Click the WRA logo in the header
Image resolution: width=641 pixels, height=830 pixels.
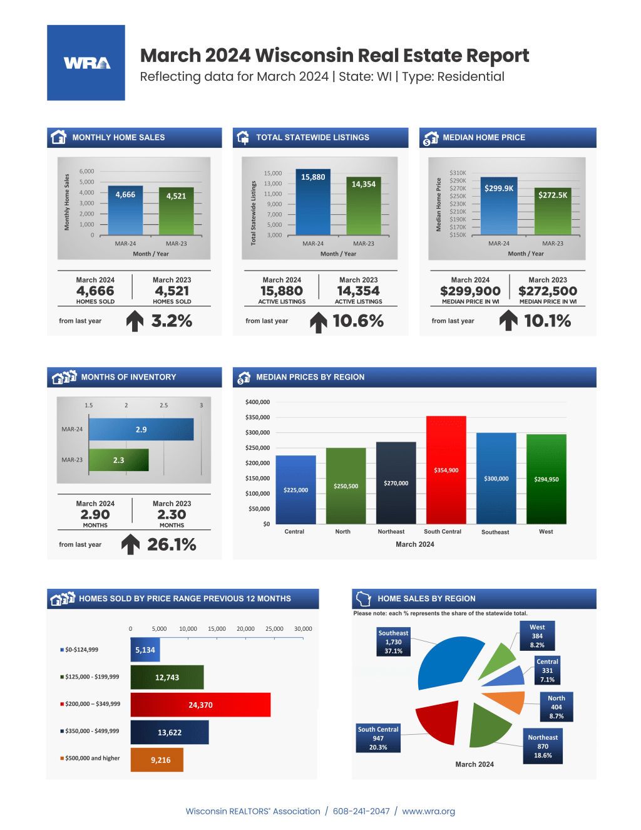[x=86, y=63]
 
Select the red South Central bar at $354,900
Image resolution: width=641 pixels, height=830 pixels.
[x=446, y=470]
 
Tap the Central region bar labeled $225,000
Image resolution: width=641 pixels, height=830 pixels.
[x=295, y=490]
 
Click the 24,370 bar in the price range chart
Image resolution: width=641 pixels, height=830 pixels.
[x=200, y=705]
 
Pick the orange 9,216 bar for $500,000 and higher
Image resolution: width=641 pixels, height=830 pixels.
[x=156, y=760]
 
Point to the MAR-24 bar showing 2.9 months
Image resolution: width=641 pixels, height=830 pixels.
[x=141, y=430]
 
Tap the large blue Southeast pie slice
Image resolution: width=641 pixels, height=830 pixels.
[x=448, y=661]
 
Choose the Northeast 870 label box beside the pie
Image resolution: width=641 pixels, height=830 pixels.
[x=543, y=746]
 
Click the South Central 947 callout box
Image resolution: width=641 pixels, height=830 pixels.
[x=378, y=739]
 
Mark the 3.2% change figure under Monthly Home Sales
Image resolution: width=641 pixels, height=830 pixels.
[x=172, y=321]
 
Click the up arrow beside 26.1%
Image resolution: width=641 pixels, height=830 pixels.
[x=130, y=544]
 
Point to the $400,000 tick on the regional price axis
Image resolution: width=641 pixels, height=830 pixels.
[x=257, y=402]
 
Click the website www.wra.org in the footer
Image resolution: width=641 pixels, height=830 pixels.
[x=428, y=811]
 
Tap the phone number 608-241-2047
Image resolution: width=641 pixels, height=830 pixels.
[x=361, y=811]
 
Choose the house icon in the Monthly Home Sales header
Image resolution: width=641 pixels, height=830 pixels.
[x=59, y=137]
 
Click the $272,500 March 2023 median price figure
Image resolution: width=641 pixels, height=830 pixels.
[x=548, y=291]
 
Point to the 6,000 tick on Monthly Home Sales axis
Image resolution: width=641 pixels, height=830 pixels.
[x=86, y=171]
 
